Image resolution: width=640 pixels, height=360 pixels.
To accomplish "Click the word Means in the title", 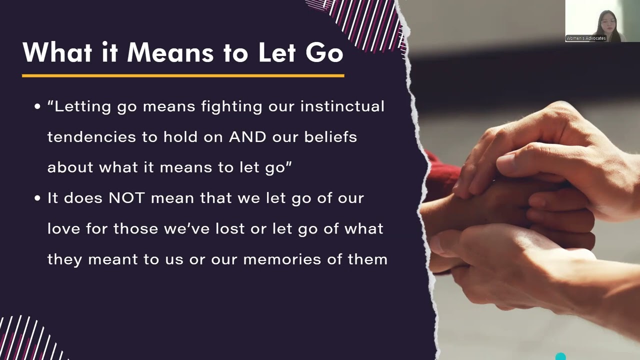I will [170, 52].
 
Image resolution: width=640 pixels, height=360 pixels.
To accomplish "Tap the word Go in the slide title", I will [323, 52].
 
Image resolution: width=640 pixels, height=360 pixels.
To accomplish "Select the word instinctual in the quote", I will [342, 106].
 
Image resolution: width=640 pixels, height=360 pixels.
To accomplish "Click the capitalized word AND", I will [248, 137].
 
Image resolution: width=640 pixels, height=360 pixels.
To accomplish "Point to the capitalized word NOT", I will [127, 198].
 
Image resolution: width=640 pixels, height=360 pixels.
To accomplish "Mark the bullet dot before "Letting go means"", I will [37, 107].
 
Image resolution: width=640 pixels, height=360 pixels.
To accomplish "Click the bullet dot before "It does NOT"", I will [37, 198].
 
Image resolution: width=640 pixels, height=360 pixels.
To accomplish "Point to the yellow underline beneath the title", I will [183, 75].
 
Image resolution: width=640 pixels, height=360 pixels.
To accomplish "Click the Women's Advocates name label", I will [586, 38].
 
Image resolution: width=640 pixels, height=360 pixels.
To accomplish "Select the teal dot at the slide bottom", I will [560, 356].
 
